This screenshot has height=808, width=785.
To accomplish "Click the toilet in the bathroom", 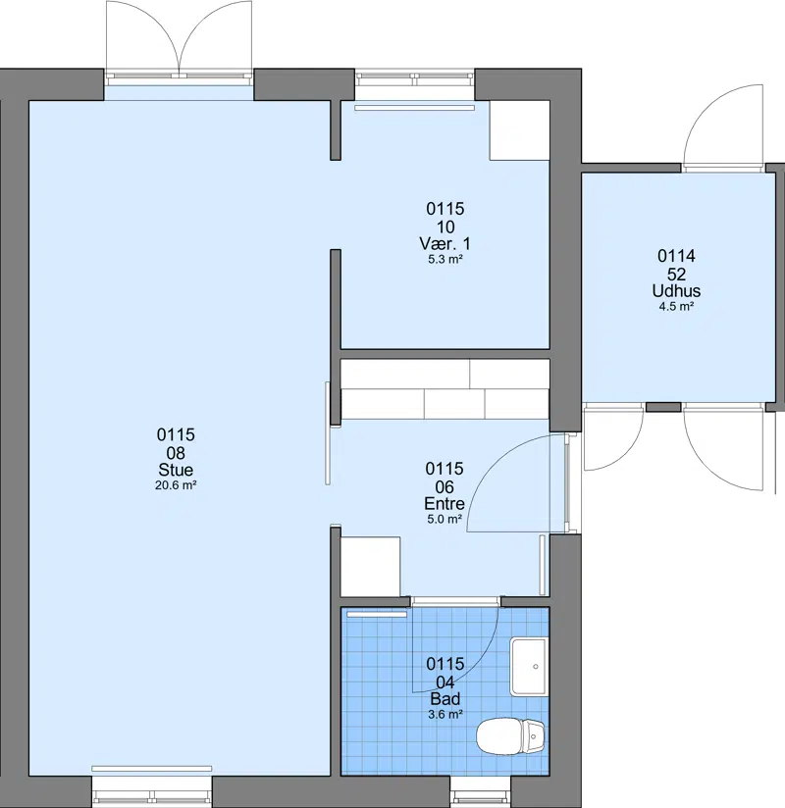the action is coord(510,736).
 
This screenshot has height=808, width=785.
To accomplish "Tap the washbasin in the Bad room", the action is coord(528,666).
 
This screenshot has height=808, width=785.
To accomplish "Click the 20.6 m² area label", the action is coord(176,485).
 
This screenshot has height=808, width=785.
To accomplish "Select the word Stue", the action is coord(176,470).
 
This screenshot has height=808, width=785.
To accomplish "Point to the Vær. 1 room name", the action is coord(445,243).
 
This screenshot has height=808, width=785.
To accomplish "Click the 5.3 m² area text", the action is coord(445,259).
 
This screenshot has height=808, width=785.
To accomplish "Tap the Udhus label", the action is coord(676,290).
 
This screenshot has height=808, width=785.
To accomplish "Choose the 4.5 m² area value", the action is coord(676,307).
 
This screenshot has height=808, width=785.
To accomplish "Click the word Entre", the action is coord(445,503).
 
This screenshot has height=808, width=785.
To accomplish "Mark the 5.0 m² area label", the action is coord(445,519).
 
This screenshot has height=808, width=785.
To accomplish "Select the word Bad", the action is coord(445,699).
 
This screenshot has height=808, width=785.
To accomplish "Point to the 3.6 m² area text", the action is coord(445,714).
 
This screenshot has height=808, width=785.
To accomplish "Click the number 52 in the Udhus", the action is coord(676,274).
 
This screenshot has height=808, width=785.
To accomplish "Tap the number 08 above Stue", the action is coord(176,453).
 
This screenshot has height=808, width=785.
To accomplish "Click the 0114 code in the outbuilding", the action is coord(676,256).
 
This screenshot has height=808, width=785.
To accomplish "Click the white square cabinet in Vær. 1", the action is coord(519,129).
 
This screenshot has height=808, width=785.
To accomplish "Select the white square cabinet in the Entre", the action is coord(370,567).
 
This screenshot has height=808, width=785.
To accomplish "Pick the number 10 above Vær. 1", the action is coord(445,227).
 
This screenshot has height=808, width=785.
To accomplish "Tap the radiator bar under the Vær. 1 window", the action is coord(414,108).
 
